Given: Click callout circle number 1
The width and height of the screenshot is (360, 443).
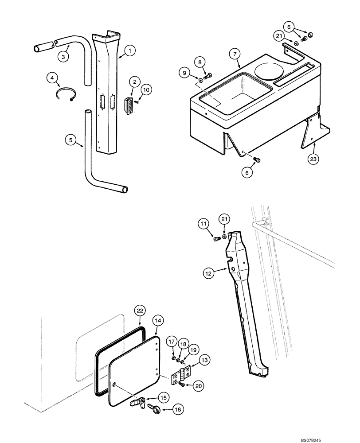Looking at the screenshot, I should (130, 51).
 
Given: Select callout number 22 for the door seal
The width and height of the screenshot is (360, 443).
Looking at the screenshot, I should (140, 311).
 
